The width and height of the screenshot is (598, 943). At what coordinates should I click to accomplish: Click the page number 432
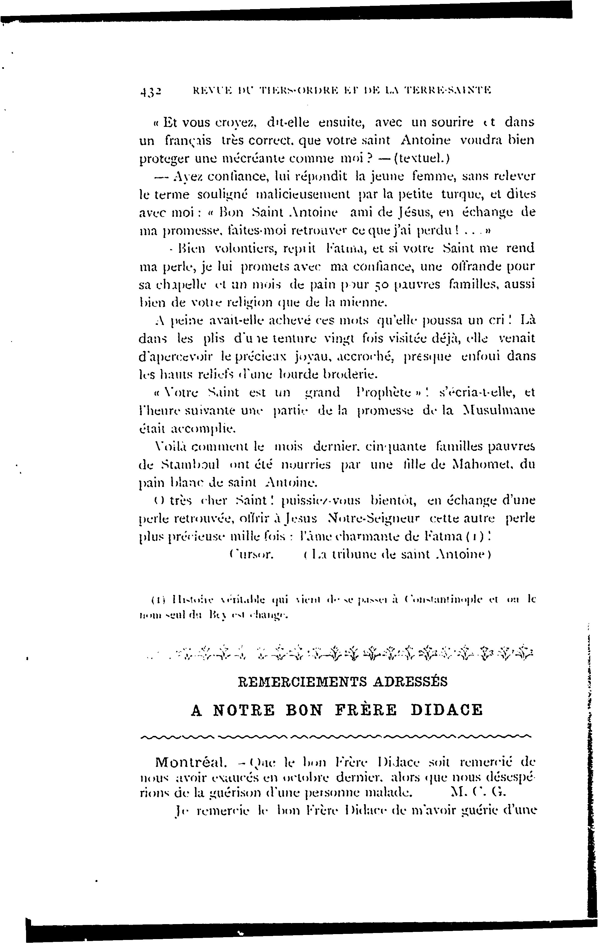click(x=151, y=90)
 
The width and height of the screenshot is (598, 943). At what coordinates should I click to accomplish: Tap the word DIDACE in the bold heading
click(x=446, y=710)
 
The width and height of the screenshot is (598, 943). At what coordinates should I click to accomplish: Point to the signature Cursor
click(x=251, y=555)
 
